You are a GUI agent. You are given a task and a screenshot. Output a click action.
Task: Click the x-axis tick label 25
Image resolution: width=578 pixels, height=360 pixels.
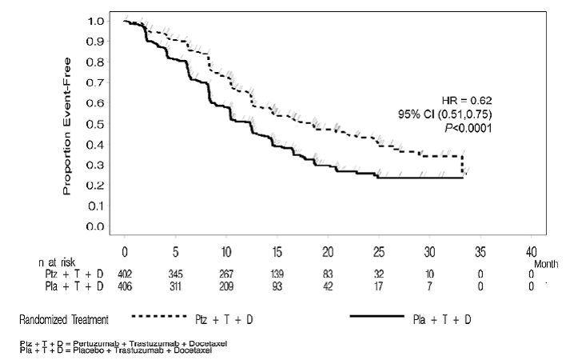tap(381, 250)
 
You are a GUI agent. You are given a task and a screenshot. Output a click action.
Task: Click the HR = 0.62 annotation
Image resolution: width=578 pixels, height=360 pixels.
tap(467, 100)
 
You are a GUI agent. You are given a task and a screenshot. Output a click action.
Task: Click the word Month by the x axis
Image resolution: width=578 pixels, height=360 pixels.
tap(544, 262)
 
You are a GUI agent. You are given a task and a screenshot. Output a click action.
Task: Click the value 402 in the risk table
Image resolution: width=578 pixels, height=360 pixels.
tap(125, 274)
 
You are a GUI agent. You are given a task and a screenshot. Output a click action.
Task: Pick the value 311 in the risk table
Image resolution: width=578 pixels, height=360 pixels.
tap(177, 286)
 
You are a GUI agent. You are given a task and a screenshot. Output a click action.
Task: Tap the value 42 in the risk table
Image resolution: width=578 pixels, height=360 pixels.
tap(329, 286)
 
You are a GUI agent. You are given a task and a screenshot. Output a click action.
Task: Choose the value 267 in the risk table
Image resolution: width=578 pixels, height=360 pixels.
tap(228, 274)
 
